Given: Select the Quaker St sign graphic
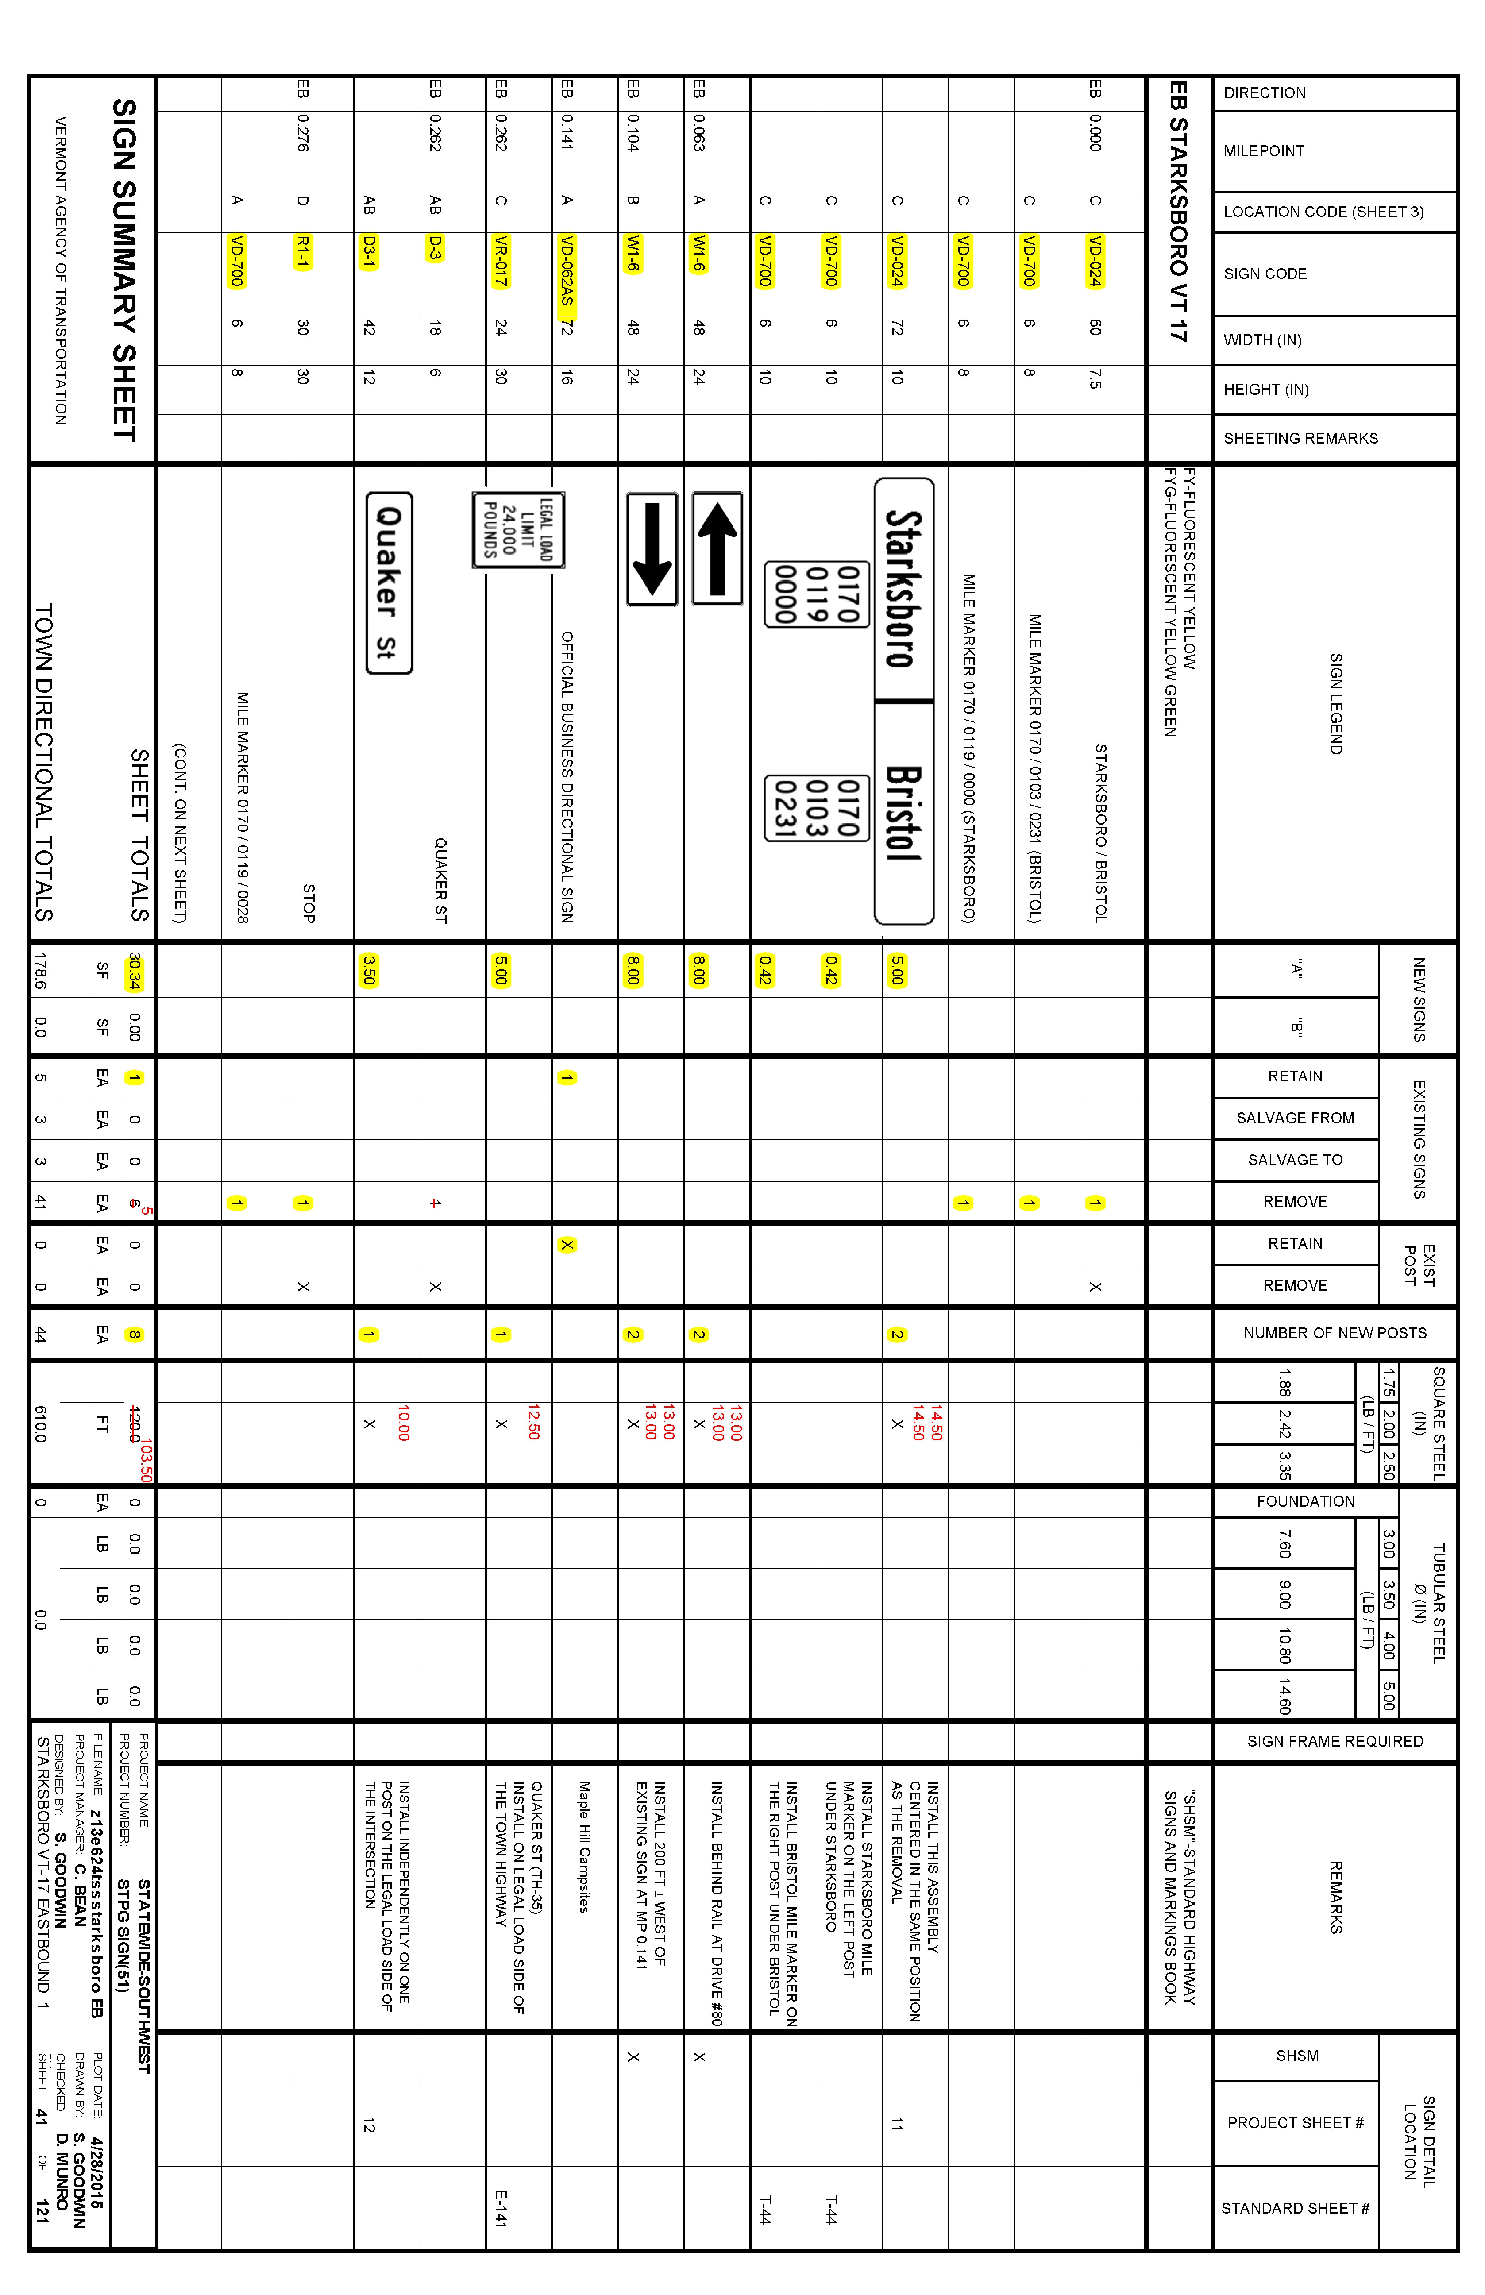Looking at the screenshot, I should [388, 583].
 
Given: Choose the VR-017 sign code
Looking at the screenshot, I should [501, 260].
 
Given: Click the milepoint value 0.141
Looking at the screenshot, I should [567, 132].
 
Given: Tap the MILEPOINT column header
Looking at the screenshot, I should [1263, 152].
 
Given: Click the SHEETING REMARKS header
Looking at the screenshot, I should [1300, 439].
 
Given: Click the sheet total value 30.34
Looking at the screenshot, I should [134, 971].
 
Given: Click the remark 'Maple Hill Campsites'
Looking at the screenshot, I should [584, 1846].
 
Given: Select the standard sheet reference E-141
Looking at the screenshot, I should [501, 2208].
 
